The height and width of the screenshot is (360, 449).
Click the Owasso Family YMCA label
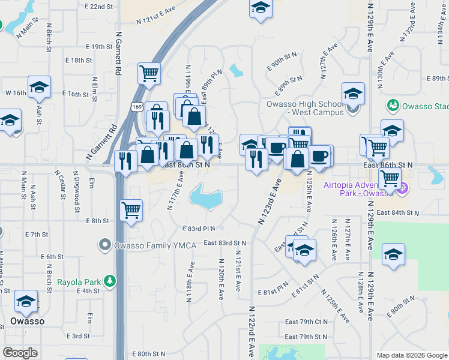[144, 245]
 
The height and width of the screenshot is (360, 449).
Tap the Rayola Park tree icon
[109, 281]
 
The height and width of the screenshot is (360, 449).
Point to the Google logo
[20, 353]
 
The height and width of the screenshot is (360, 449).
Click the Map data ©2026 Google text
[411, 355]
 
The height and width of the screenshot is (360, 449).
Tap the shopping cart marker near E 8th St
[131, 211]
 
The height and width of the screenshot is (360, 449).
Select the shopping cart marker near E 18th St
[149, 74]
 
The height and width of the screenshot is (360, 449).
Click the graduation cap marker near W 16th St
[39, 88]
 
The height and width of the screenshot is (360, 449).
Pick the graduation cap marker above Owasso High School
[353, 94]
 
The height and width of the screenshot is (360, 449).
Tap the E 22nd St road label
[99, 6]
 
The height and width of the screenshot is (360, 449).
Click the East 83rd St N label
[225, 243]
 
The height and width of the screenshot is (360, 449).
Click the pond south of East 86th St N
[205, 196]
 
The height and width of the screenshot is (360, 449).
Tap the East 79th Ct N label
[306, 322]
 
